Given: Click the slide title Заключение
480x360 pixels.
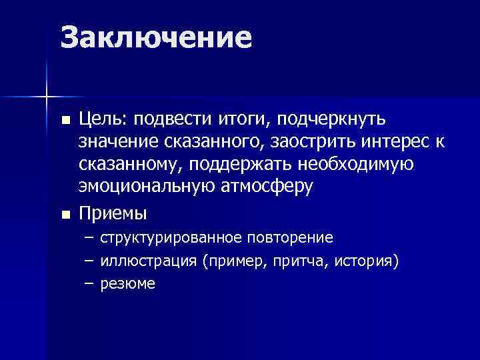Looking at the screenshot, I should tap(156, 38).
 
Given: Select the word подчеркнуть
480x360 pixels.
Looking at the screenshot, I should tap(341, 119).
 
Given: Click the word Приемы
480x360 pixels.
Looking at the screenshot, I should tap(113, 214).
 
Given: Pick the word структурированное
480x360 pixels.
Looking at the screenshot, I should tap(171, 238).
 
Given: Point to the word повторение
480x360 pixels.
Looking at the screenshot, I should tap(290, 238).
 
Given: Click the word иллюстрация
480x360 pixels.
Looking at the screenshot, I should tap(147, 261).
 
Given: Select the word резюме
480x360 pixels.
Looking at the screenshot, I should tap(127, 283).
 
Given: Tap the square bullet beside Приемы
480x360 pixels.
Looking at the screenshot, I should tap(65, 215).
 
